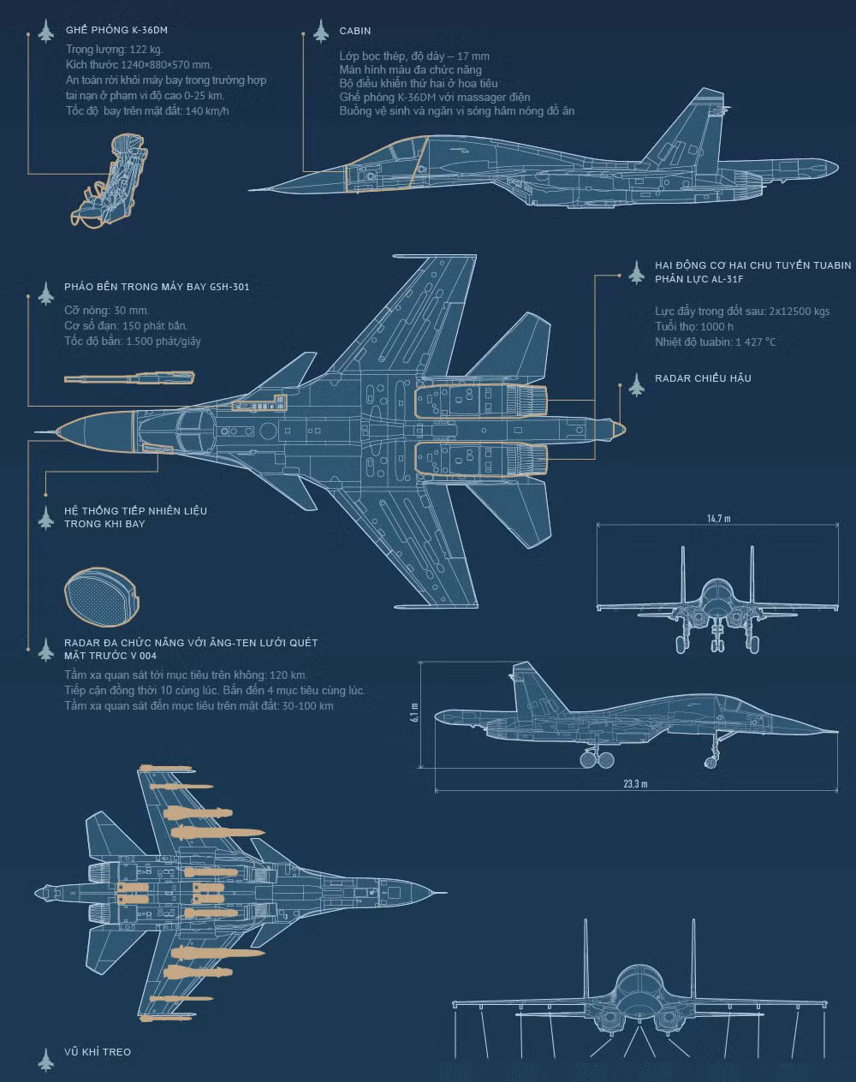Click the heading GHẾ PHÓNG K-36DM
116,31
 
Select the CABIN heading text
354,31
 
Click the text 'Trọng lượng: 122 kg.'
114,50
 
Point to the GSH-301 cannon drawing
129,378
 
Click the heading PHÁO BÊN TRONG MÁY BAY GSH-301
157,287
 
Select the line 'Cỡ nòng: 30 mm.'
106,311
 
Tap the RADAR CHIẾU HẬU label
703,378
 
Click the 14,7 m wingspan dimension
718,519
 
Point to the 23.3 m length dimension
635,784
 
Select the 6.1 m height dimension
414,714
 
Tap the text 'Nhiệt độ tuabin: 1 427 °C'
715,342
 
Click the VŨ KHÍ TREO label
98,1052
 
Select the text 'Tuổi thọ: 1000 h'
694,327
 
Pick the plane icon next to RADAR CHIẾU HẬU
636,385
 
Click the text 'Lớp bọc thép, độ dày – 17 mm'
413,56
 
